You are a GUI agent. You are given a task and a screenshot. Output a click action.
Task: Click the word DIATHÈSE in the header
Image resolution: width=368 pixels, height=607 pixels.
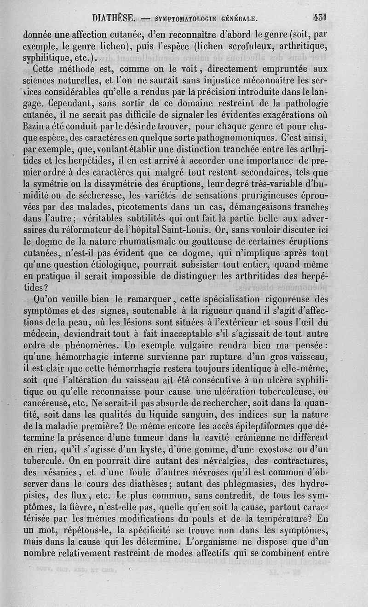point(113,18)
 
